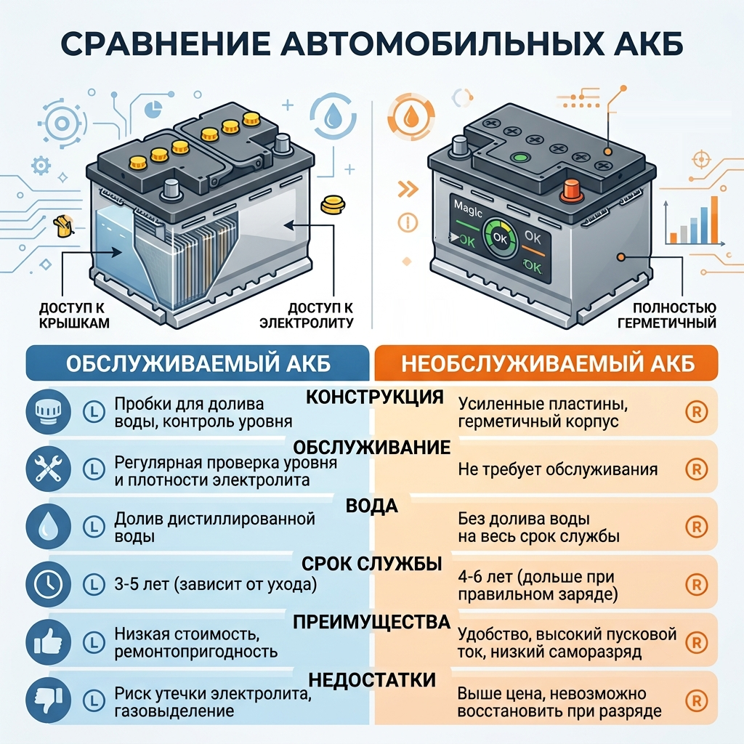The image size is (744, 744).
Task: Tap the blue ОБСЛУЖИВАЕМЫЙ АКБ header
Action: [x=198, y=363]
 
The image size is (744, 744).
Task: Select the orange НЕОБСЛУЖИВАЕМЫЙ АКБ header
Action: [x=546, y=363]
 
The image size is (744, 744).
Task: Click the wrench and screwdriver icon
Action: [x=49, y=469]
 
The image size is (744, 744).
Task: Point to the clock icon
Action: [x=49, y=584]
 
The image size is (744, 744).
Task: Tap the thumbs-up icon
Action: [x=49, y=642]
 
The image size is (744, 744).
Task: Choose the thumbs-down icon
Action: [x=49, y=700]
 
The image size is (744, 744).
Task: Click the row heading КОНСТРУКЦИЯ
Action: [x=375, y=397]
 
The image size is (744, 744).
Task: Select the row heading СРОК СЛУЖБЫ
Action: [x=372, y=564]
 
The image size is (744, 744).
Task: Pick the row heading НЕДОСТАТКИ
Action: [x=372, y=679]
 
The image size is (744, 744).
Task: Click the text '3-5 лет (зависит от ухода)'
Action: [x=215, y=584]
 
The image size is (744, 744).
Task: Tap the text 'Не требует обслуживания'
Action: [x=557, y=469]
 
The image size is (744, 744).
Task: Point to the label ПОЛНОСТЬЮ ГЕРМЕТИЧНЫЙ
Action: [x=667, y=315]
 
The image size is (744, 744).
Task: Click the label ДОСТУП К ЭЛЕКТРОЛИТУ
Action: [x=307, y=315]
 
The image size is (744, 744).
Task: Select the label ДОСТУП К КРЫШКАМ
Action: [x=74, y=315]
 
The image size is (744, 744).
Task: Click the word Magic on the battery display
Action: [x=468, y=209]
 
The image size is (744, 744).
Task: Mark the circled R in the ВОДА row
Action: [x=697, y=527]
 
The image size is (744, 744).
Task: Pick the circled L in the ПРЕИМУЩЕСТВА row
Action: [x=94, y=642]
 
